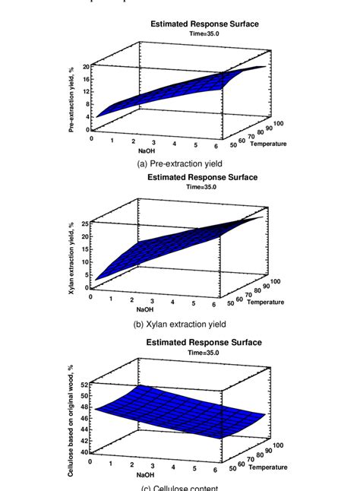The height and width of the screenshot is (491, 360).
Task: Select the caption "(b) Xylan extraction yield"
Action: click(180, 323)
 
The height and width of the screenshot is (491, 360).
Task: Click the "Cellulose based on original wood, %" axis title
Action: click(71, 419)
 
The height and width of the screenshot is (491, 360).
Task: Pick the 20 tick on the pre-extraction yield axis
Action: click(87, 68)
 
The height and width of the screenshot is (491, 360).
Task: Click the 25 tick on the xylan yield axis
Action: click(87, 223)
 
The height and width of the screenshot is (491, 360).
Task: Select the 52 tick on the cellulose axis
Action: click(87, 386)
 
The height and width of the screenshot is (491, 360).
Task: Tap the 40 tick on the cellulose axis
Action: click(87, 452)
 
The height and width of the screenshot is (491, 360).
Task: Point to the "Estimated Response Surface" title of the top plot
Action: click(203, 24)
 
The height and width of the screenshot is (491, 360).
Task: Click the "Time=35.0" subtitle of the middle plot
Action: click(203, 187)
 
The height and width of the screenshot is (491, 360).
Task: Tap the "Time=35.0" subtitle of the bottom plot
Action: click(203, 352)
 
